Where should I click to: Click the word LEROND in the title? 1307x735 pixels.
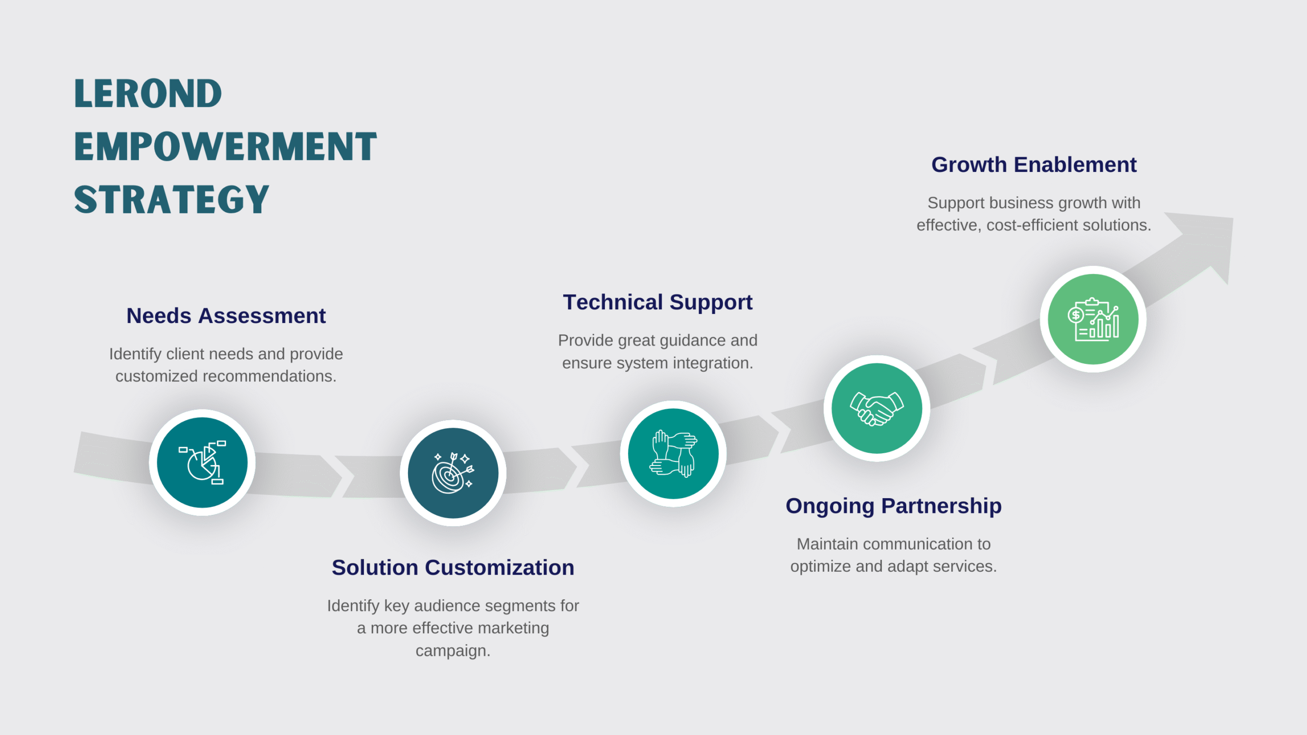[x=148, y=94]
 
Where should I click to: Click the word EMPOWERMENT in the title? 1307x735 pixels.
[x=225, y=147]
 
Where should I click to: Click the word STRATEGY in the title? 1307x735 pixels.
[x=172, y=200]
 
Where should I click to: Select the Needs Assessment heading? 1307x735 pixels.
[x=226, y=316]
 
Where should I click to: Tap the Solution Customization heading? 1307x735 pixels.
[x=453, y=568]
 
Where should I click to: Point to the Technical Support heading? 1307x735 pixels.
[x=658, y=302]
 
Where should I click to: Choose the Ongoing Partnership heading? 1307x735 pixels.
[x=893, y=506]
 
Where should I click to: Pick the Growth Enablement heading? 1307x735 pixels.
[x=1034, y=165]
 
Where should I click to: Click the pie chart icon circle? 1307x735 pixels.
[x=202, y=462]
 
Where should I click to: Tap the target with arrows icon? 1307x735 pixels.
[x=453, y=473]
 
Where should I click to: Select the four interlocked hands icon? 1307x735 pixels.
[x=673, y=454]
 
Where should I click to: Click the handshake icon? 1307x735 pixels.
[x=877, y=408]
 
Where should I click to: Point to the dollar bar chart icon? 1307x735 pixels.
[x=1093, y=319]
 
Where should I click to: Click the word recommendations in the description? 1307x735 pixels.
[x=269, y=376]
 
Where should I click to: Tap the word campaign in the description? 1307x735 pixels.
[x=452, y=651]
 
